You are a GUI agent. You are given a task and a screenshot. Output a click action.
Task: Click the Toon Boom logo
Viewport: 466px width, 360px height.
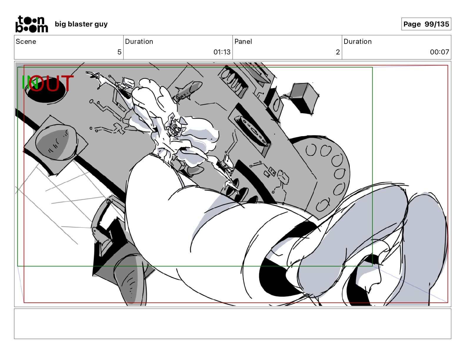coord(31,24)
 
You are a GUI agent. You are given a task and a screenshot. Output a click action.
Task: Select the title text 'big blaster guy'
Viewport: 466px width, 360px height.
coord(81,24)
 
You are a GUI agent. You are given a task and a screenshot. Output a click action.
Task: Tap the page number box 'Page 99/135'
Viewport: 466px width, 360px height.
coord(426,24)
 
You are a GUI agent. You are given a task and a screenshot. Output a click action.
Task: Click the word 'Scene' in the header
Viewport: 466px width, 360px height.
coord(26,41)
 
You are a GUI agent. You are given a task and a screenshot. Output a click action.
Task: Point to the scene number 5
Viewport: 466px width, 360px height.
coord(119,52)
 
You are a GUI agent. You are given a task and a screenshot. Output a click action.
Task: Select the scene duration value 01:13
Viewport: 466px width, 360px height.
coord(222,52)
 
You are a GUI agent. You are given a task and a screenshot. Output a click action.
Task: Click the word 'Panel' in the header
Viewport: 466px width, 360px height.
coord(243,41)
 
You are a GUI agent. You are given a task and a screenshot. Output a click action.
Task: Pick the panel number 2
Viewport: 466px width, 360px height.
coord(338,52)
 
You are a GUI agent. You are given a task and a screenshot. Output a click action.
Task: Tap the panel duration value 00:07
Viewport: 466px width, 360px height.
coord(440,52)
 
